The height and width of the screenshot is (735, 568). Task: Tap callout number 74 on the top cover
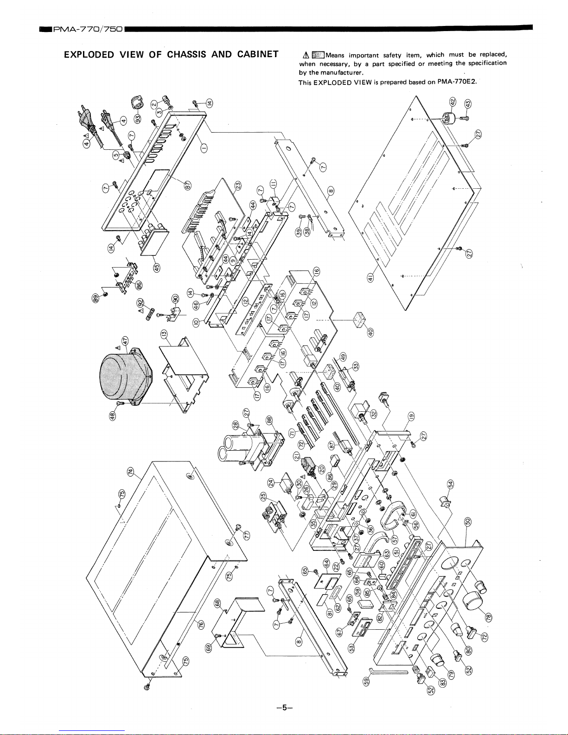[131, 472]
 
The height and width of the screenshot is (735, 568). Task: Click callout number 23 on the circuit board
[237, 185]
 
